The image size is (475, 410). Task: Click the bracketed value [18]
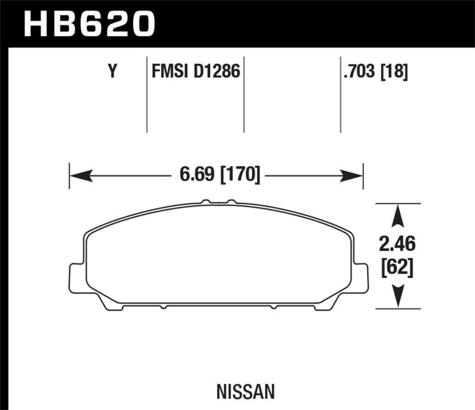[395, 72]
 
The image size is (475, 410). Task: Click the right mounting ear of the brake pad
[361, 278]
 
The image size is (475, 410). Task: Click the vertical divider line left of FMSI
[147, 95]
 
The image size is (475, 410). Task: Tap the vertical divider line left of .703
[340, 95]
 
